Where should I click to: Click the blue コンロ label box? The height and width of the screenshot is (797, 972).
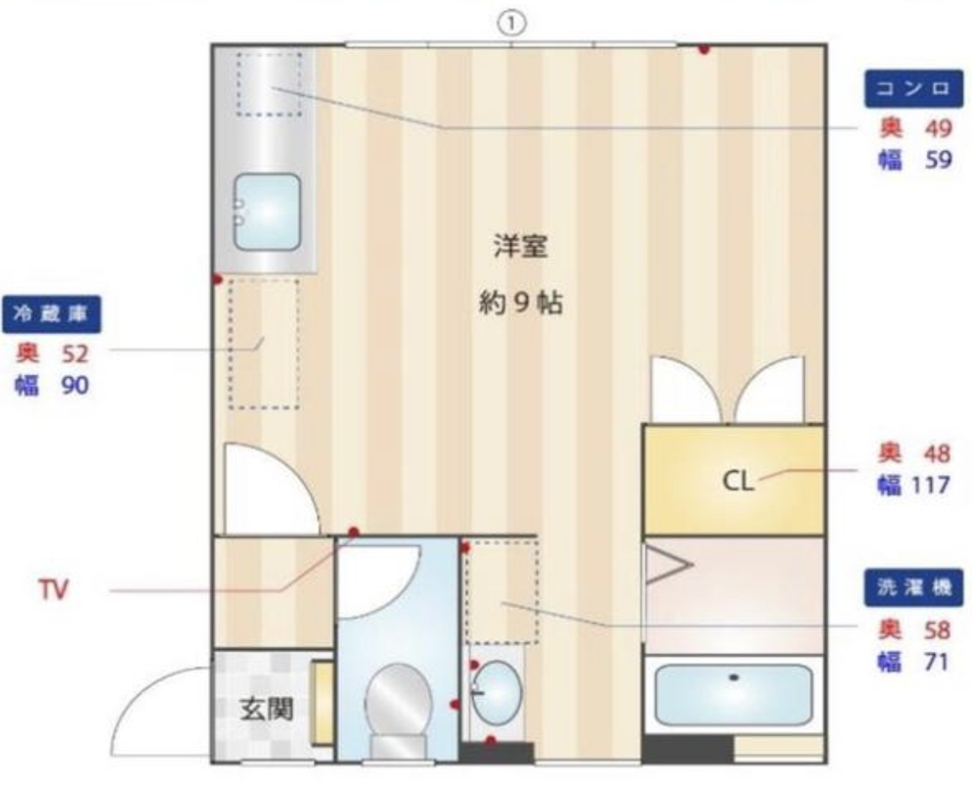pyautogui.click(x=914, y=89)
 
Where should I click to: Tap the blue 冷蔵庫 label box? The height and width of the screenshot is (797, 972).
pyautogui.click(x=51, y=314)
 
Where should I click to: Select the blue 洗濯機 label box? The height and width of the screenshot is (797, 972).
pyautogui.click(x=914, y=587)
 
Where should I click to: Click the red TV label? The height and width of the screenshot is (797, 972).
pyautogui.click(x=54, y=590)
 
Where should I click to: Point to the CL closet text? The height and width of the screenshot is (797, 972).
pyautogui.click(x=738, y=480)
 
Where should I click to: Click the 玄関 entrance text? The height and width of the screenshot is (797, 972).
pyautogui.click(x=267, y=709)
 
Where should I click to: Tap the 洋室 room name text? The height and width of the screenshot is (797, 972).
pyautogui.click(x=520, y=246)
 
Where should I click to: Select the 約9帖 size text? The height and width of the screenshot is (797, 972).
pyautogui.click(x=520, y=304)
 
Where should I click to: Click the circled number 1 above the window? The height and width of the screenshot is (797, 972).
pyautogui.click(x=511, y=24)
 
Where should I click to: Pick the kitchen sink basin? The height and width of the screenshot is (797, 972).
pyautogui.click(x=267, y=212)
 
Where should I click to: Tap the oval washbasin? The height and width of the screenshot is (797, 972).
pyautogui.click(x=496, y=691)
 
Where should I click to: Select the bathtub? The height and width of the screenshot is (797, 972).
pyautogui.click(x=734, y=695)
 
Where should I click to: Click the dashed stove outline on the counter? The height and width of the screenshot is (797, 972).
pyautogui.click(x=269, y=84)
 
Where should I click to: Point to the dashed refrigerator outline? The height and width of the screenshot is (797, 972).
pyautogui.click(x=264, y=344)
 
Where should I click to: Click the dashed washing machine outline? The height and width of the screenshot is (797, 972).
pyautogui.click(x=502, y=592)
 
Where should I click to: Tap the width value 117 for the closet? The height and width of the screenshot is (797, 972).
pyautogui.click(x=931, y=485)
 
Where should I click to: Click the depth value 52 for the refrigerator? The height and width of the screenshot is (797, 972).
pyautogui.click(x=75, y=354)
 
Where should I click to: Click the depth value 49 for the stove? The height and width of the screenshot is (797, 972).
pyautogui.click(x=938, y=128)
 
